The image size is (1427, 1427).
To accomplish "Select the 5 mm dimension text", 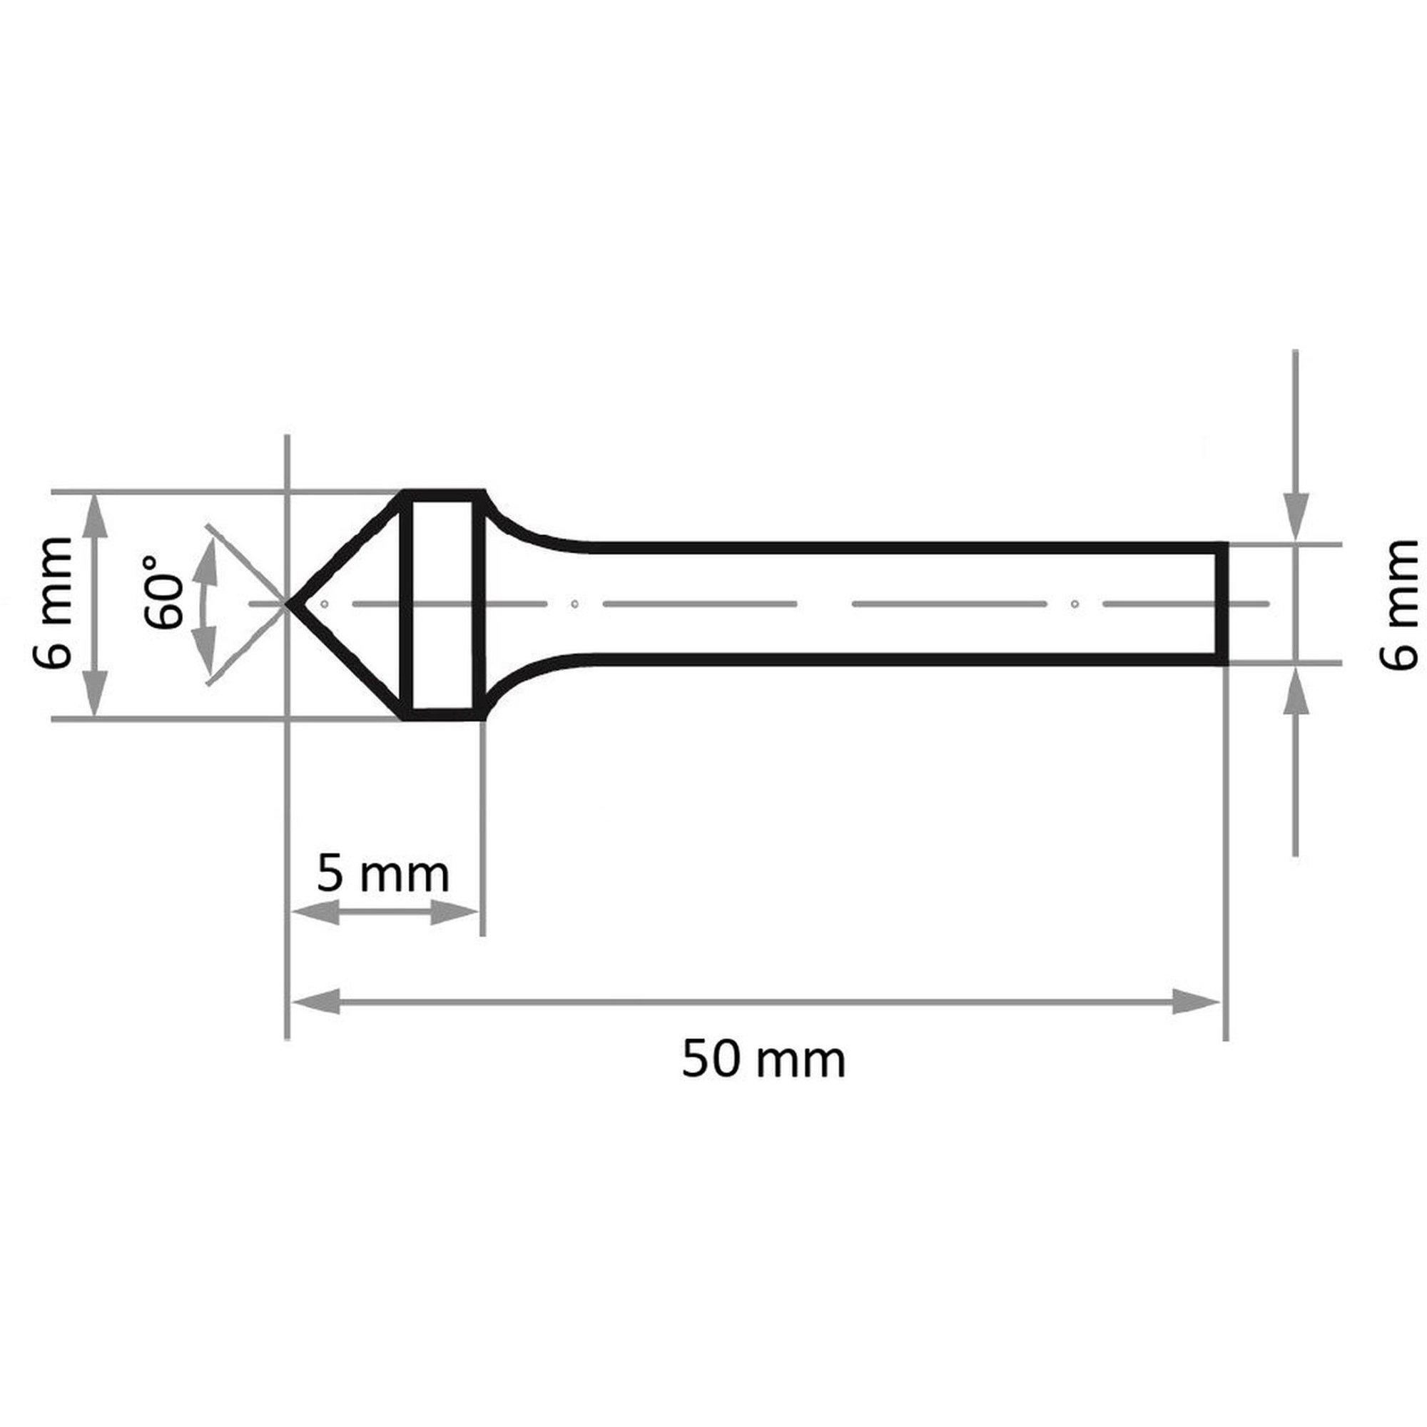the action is pos(383,875).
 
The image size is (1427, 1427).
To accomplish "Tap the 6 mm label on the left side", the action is pos(54,603).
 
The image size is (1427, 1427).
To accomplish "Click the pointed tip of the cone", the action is pos(288,604).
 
